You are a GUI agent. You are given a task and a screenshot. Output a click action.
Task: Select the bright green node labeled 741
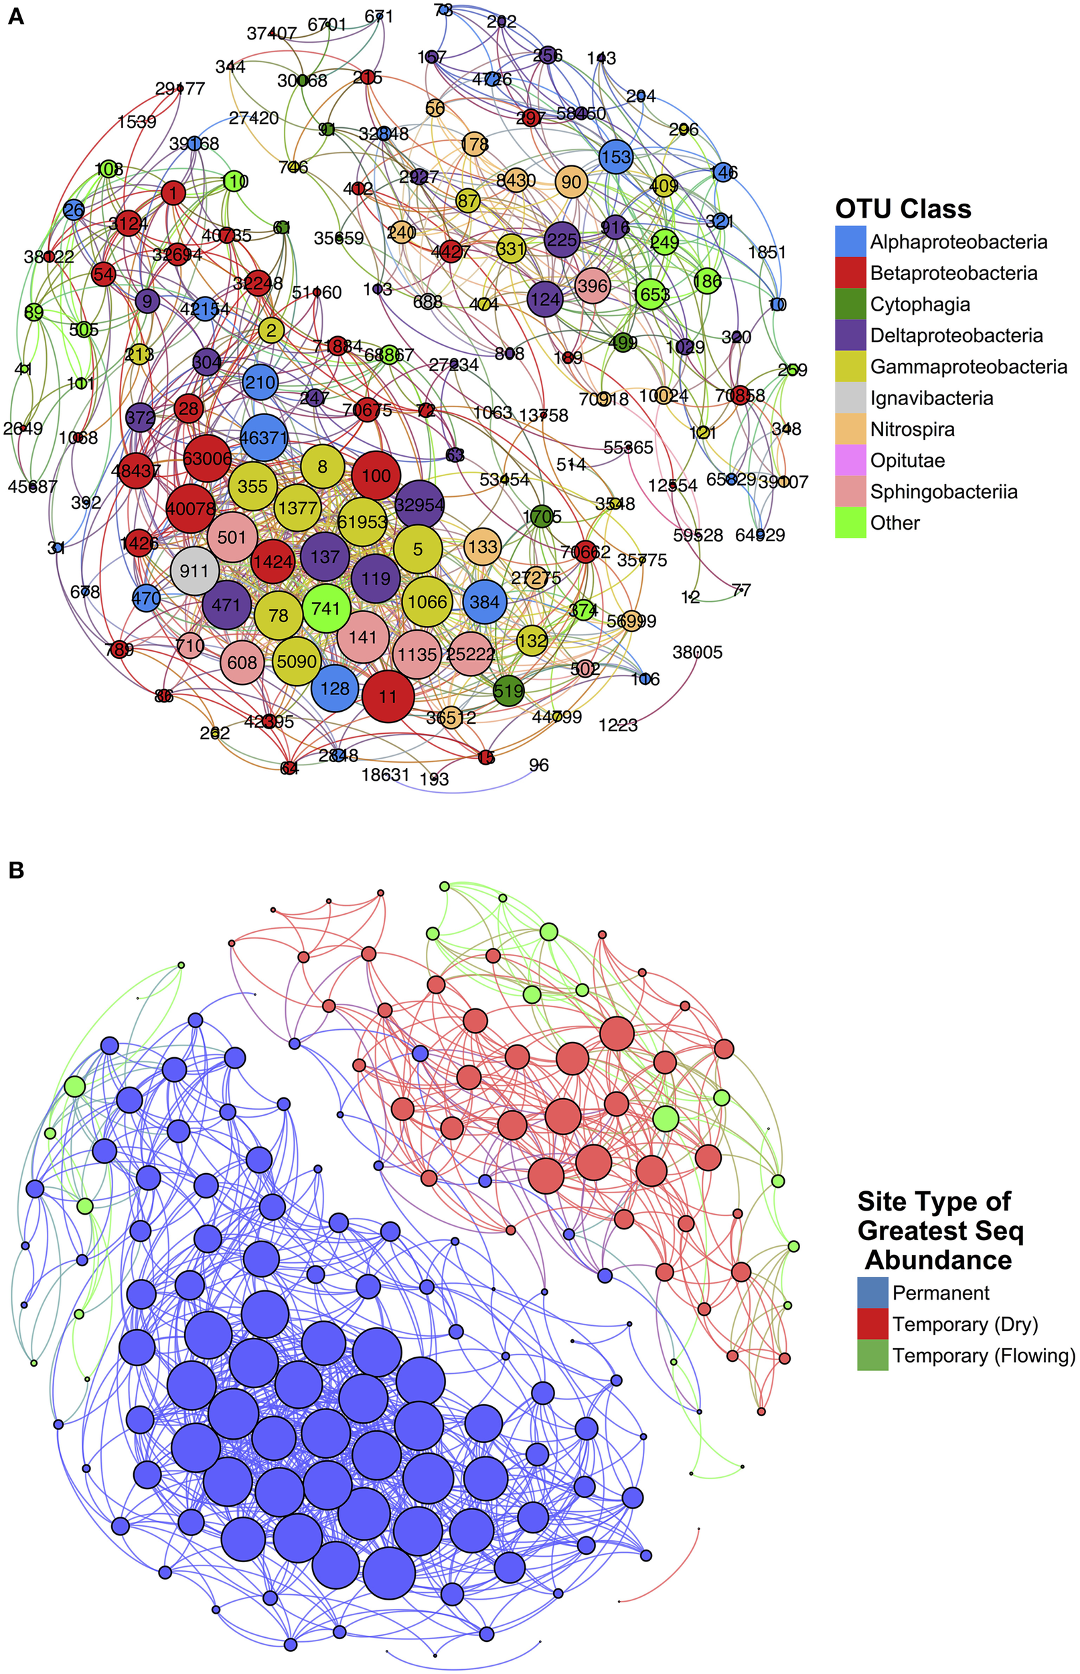[326, 608]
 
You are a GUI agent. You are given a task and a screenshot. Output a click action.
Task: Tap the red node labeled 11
[388, 696]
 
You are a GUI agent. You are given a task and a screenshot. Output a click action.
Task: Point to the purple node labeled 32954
[419, 504]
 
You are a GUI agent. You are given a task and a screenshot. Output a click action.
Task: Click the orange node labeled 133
[483, 546]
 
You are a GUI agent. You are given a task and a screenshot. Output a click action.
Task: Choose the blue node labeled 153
[616, 157]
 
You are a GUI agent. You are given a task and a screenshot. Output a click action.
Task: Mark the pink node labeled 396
[592, 285]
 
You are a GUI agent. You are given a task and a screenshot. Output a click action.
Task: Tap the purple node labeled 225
[562, 240]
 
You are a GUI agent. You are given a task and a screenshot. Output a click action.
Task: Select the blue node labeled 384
[485, 602]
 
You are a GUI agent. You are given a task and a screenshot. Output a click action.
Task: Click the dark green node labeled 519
[508, 691]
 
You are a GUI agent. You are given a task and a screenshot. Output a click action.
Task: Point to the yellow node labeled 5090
[297, 661]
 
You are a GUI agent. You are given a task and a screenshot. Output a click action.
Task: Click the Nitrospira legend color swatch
[850, 429]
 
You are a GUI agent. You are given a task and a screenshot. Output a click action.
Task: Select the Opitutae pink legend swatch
[850, 461]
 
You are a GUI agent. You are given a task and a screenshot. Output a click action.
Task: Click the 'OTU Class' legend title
[903, 209]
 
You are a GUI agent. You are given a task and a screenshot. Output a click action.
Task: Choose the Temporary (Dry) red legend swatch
[872, 1324]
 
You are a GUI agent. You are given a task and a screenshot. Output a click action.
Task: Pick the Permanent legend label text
[941, 1292]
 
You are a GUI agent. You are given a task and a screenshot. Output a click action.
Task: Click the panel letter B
[15, 870]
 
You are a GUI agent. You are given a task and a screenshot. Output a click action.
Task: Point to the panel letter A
[15, 15]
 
